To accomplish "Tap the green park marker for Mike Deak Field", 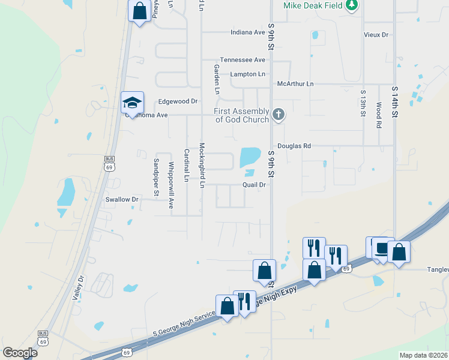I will pyautogui.click(x=352, y=5).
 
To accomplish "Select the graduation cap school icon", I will pyautogui.click(x=132, y=102).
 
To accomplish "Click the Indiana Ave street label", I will pyautogui.click(x=248, y=32).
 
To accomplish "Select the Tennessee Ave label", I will pyautogui.click(x=243, y=60).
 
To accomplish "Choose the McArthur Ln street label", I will pyautogui.click(x=295, y=84).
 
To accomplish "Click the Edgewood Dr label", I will pyautogui.click(x=178, y=101).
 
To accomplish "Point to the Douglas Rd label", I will pyautogui.click(x=294, y=146).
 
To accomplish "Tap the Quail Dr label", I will pyautogui.click(x=254, y=185).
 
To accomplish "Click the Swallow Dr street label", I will pyautogui.click(x=122, y=199).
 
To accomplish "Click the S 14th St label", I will pyautogui.click(x=394, y=97).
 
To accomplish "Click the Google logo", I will pyautogui.click(x=20, y=353).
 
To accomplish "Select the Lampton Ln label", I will pyautogui.click(x=248, y=74).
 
